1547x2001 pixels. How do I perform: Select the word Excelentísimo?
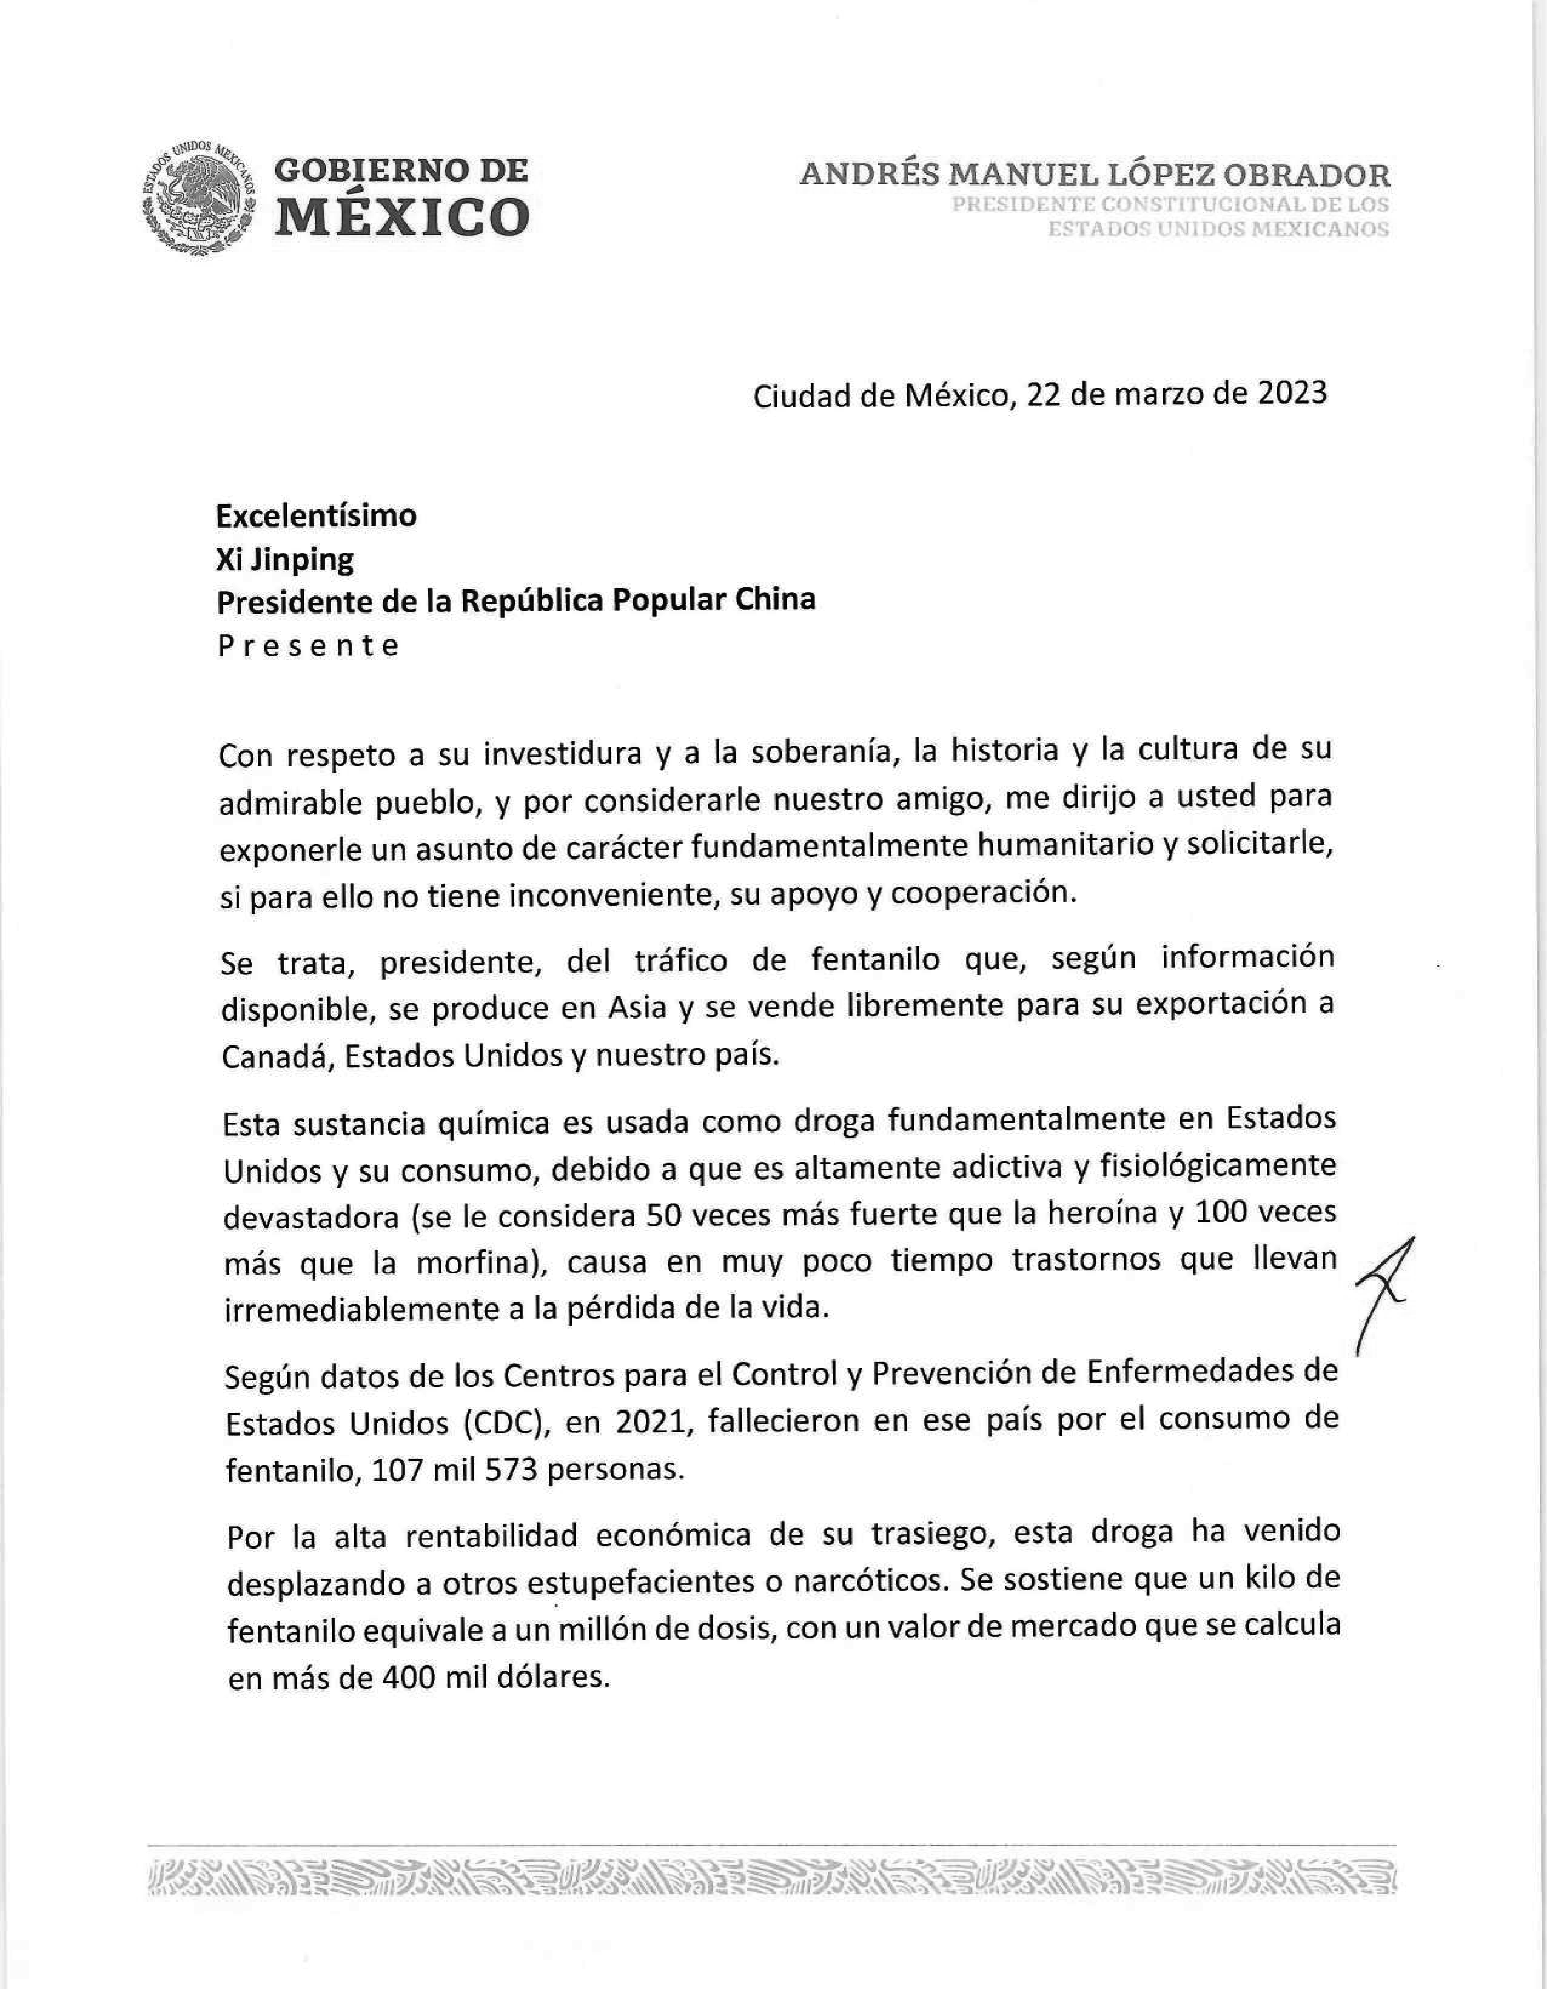pyautogui.click(x=316, y=516)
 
